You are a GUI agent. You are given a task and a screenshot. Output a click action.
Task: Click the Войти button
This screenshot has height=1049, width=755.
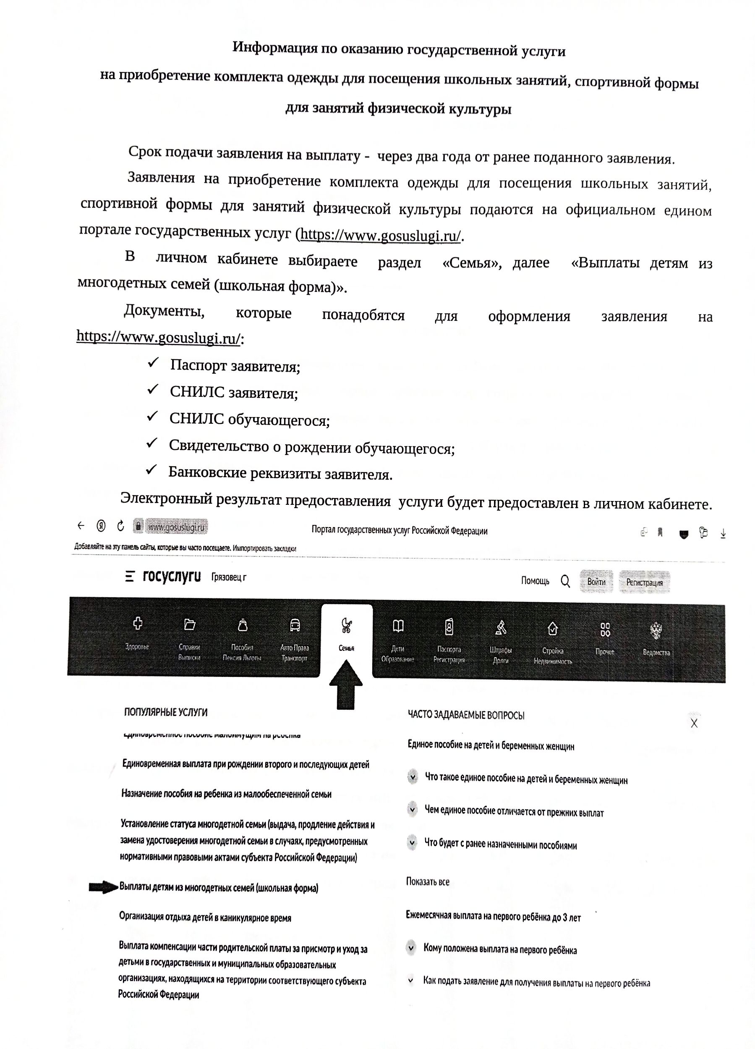click(x=596, y=582)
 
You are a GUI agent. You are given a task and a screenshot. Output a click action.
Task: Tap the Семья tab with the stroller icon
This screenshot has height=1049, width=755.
click(x=346, y=634)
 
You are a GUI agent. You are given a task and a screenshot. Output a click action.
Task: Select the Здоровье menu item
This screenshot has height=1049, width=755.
click(x=137, y=633)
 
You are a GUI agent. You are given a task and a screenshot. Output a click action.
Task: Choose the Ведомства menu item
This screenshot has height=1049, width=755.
click(x=656, y=638)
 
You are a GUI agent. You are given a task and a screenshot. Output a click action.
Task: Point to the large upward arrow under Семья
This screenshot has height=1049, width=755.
click(x=346, y=684)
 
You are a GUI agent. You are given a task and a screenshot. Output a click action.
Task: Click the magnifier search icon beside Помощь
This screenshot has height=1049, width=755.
click(x=565, y=581)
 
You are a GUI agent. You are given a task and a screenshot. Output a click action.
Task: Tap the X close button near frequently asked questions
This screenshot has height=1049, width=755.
click(x=693, y=724)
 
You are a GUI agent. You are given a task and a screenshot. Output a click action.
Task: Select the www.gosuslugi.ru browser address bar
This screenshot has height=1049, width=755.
click(x=176, y=527)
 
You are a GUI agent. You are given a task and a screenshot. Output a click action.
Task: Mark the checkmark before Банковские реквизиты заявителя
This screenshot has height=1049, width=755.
click(x=151, y=470)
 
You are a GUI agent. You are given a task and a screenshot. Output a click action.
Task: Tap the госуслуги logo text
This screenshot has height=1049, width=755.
click(x=172, y=576)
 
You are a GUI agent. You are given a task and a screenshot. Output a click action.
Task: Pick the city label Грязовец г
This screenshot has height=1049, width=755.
click(x=229, y=577)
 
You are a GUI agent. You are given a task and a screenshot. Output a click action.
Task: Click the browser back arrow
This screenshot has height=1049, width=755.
click(x=81, y=526)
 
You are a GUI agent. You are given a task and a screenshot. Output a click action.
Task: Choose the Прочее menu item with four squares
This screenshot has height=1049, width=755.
click(x=605, y=638)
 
